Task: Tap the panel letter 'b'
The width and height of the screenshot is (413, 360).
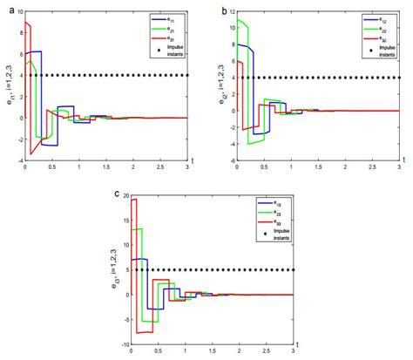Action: pos(224,9)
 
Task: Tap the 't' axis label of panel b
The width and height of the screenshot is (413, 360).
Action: pos(405,159)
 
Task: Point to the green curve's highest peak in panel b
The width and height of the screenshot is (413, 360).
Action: pos(240,19)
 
